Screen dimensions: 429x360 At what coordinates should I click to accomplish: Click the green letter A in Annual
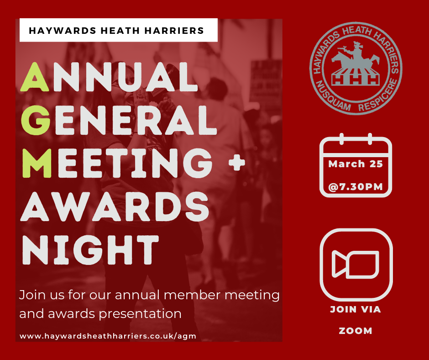(35, 77)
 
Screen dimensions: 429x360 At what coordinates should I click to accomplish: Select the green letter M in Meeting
(37, 163)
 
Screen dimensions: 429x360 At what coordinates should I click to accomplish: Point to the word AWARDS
(115, 206)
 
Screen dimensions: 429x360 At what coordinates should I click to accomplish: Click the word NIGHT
(90, 249)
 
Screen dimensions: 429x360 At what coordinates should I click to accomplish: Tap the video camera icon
(356, 264)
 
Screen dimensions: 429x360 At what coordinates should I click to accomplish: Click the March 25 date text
(356, 164)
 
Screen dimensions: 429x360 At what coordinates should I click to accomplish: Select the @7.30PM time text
(356, 187)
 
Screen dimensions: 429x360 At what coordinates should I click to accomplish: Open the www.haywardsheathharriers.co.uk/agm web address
(108, 336)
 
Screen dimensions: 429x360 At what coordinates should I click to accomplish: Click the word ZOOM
(356, 331)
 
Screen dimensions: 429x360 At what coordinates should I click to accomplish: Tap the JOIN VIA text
(356, 309)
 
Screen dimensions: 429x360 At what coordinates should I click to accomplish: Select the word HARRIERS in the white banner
(174, 31)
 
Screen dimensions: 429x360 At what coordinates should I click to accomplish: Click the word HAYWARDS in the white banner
(63, 31)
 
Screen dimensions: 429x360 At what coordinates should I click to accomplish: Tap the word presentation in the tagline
(140, 314)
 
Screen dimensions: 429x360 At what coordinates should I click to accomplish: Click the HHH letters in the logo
(356, 79)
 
